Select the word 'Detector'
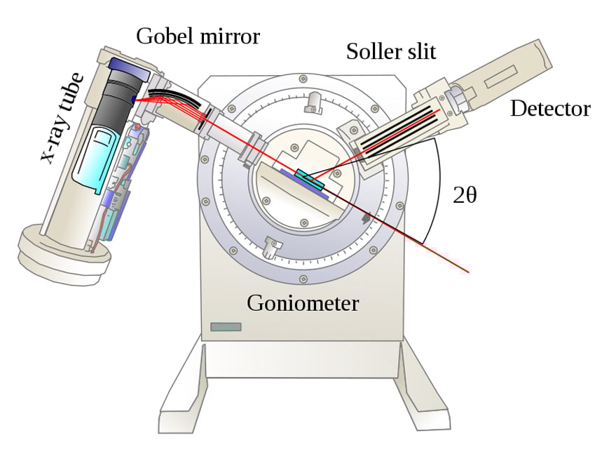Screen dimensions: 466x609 point(549,108)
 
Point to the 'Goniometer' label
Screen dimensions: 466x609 point(303,303)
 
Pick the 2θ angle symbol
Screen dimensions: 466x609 point(465,195)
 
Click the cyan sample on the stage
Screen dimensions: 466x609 point(309,179)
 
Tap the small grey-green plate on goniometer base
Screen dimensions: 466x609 point(226,326)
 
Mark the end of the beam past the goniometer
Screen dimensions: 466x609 point(467,272)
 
